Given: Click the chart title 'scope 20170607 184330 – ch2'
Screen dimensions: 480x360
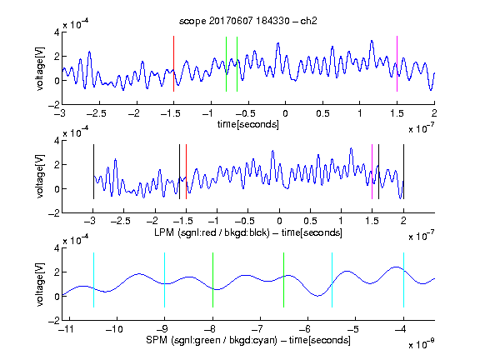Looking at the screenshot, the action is [x=248, y=21].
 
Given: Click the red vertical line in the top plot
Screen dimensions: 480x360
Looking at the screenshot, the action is [x=173, y=63].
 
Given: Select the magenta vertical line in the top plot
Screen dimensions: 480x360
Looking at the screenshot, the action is [x=397, y=63].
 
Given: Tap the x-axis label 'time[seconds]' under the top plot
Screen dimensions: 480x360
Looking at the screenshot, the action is [x=248, y=124].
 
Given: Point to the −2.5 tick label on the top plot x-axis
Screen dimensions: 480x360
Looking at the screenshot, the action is [x=96, y=113].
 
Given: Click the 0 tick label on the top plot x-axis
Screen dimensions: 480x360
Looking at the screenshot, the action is [x=285, y=113].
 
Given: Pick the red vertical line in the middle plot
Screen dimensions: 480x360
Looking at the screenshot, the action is [x=186, y=172].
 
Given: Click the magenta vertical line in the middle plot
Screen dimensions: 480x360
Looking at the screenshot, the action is [x=372, y=172].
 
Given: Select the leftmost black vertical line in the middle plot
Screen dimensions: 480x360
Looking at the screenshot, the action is [x=93, y=172].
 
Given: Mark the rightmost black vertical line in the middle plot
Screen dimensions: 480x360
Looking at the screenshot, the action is [x=403, y=172].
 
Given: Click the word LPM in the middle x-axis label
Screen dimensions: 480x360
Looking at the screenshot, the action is [x=164, y=232].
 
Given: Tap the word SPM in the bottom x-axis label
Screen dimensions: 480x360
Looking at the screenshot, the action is [x=157, y=340].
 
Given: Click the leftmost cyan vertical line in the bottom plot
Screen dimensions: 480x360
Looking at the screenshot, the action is [x=93, y=280].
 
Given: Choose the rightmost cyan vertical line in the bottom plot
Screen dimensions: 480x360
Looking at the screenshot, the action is [x=403, y=280].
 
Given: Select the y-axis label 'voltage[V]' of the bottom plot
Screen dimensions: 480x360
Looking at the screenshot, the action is [x=40, y=284].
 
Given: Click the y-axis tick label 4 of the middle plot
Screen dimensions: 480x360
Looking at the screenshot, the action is [x=57, y=141].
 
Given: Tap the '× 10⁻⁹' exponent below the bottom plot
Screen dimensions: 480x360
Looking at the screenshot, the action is [x=422, y=344].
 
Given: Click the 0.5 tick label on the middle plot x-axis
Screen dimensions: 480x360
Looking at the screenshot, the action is [x=310, y=221].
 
